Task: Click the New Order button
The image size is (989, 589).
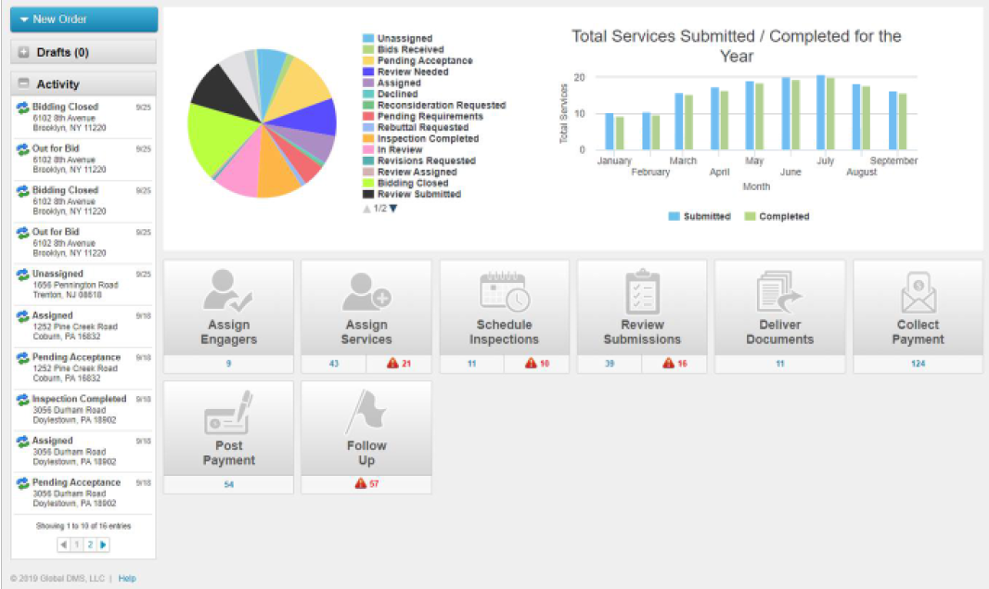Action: (x=83, y=19)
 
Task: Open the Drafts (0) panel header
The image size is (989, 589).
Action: (x=83, y=53)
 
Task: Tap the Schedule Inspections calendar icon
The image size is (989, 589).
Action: (x=504, y=292)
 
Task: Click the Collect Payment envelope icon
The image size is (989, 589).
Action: (x=918, y=293)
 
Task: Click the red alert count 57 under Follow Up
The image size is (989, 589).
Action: (x=366, y=484)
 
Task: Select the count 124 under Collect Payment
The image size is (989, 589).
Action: (x=918, y=364)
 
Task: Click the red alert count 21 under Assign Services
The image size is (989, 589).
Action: (x=399, y=364)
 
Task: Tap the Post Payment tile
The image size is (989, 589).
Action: (x=228, y=429)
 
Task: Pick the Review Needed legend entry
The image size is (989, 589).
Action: (x=412, y=72)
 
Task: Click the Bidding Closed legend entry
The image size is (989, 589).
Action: (x=412, y=184)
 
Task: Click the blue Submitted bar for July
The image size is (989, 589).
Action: (x=820, y=112)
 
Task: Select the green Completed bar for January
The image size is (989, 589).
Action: (x=620, y=133)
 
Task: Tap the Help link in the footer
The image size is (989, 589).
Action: (x=127, y=579)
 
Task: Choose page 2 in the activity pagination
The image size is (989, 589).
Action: (x=90, y=544)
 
